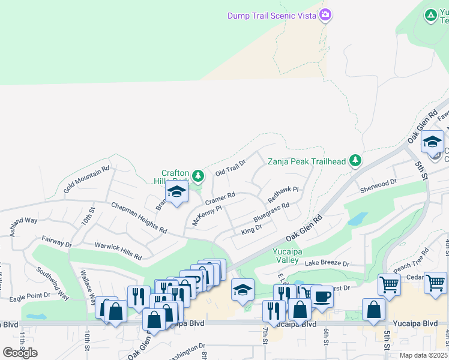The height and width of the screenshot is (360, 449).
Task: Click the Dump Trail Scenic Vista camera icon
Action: coord(325,14)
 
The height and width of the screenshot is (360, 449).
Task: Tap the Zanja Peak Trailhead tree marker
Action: coord(356,160)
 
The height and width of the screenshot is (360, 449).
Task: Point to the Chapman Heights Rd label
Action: coord(139,217)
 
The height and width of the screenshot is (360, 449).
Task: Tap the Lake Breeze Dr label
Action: coord(327,263)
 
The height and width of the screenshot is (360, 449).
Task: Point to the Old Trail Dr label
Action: coord(231,167)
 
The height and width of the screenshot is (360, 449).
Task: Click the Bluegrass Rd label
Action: coord(271,212)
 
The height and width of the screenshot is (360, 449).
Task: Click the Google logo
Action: coord(20,352)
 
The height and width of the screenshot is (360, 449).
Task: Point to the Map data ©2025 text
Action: coord(424,355)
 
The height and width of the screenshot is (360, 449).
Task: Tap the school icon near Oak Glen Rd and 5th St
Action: coord(432,142)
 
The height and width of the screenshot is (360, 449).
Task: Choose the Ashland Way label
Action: coord(23,226)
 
